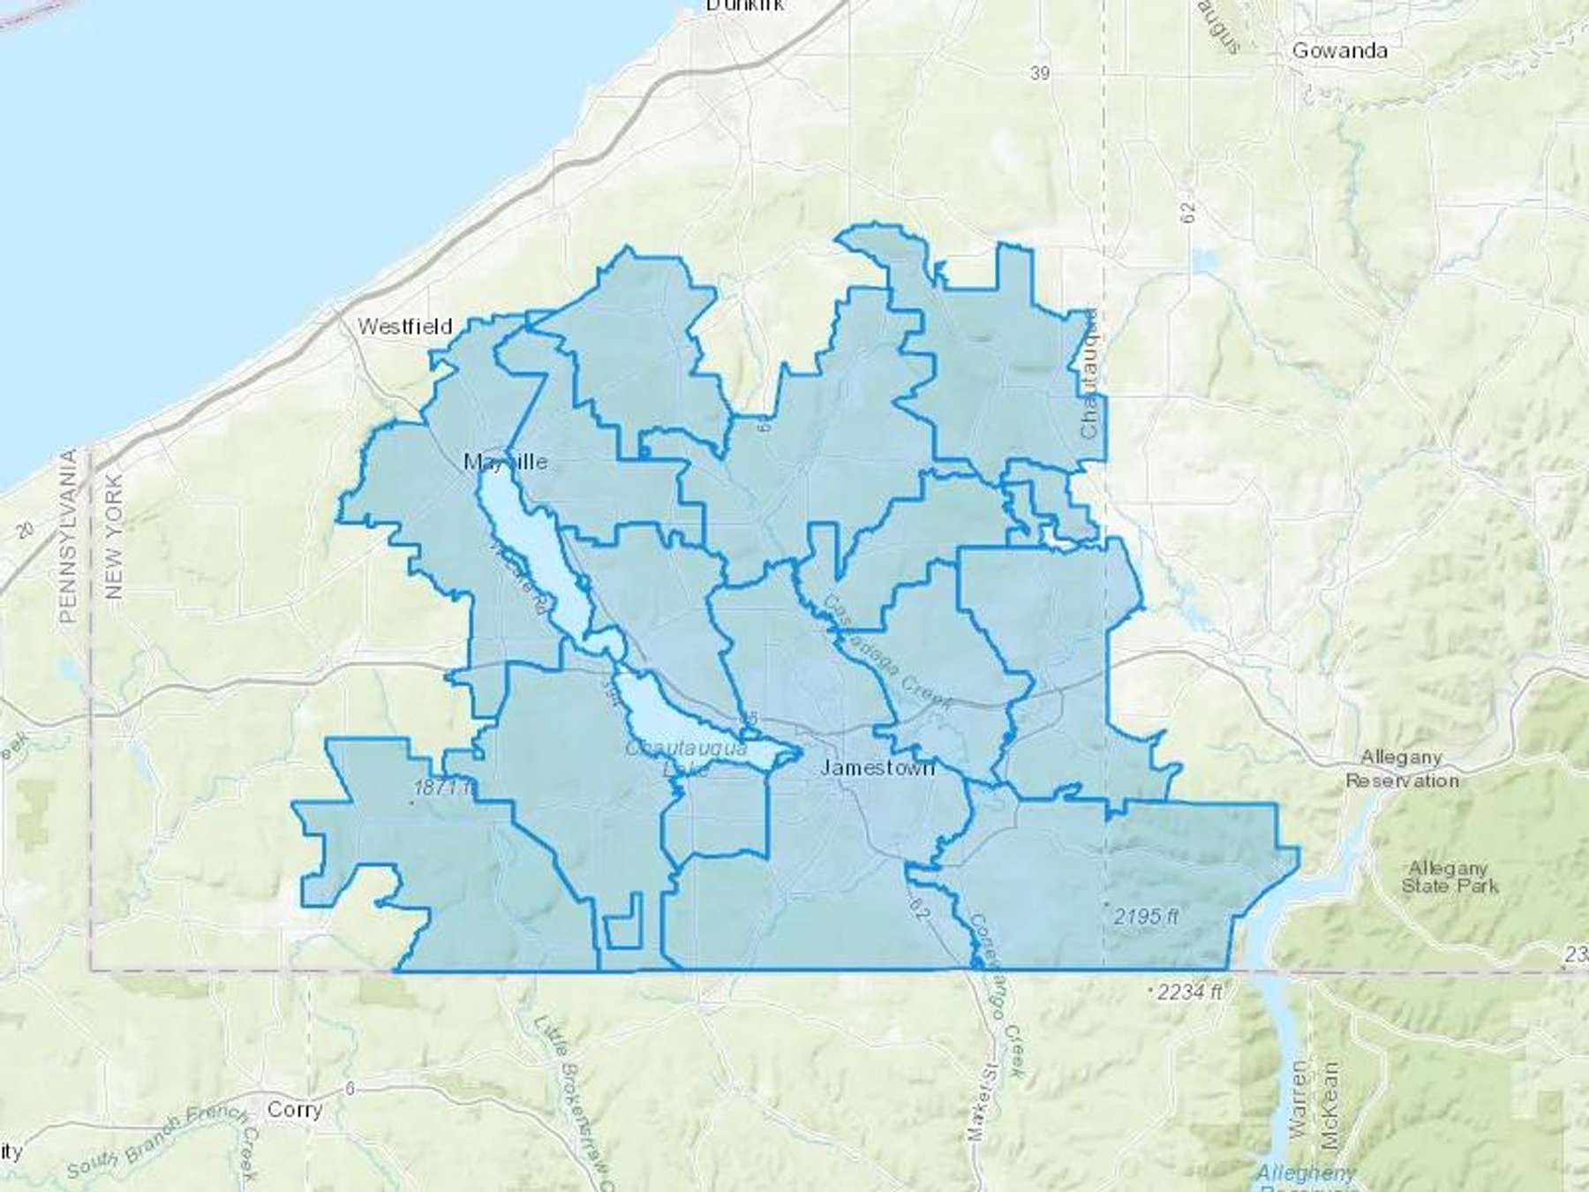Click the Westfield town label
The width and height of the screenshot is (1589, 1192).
tap(404, 327)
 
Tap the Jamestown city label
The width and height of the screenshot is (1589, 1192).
tap(877, 767)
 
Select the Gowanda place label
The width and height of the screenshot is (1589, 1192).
tap(1339, 50)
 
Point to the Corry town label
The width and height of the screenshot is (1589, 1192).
tap(294, 1109)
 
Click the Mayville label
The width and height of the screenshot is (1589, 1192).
tap(506, 462)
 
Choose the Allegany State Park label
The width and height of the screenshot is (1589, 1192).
tap(1449, 877)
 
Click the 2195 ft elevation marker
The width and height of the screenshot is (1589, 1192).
tap(1146, 917)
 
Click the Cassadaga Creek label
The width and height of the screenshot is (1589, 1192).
tap(887, 653)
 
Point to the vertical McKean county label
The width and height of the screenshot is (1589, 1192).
tap(1331, 1104)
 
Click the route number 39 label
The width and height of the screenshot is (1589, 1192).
tap(1040, 73)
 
